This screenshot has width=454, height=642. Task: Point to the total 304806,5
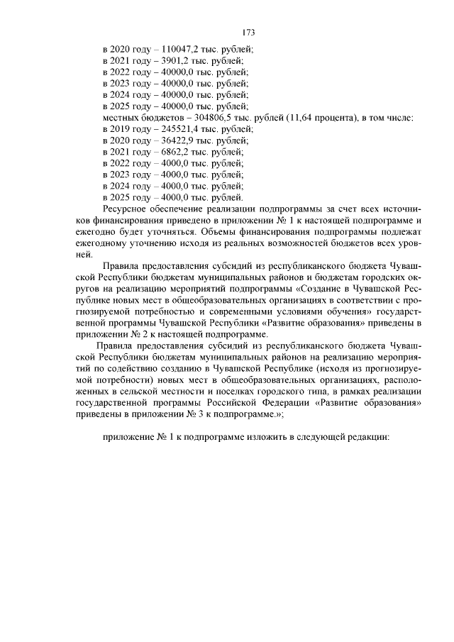pyautogui.click(x=214, y=117)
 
